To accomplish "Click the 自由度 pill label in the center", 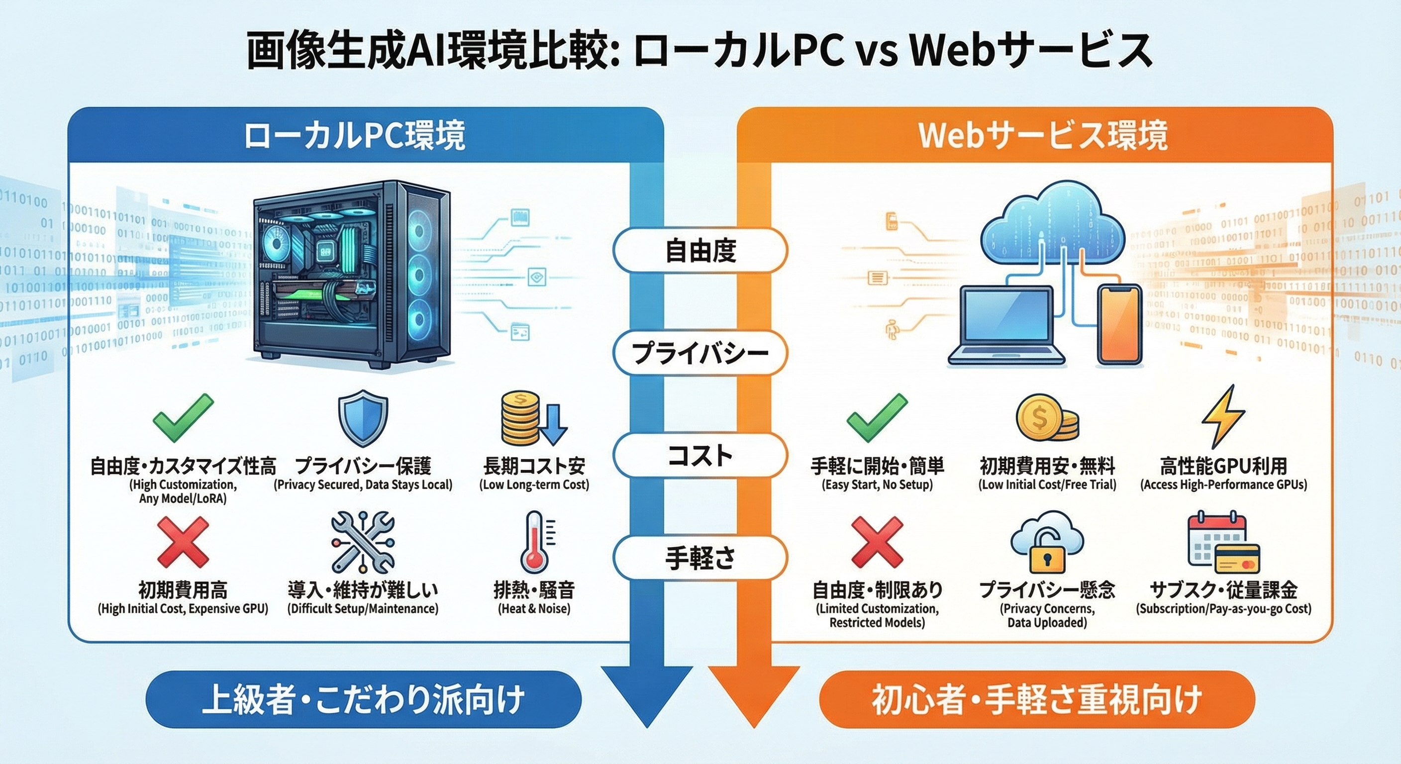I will (700, 251).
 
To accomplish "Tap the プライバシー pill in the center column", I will (700, 353).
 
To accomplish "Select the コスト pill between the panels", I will (700, 455).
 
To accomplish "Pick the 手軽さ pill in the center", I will (700, 558).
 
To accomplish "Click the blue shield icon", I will (363, 420).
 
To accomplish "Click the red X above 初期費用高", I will (183, 542).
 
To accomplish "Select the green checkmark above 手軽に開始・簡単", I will (877, 419).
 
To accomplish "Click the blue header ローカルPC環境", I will (355, 135).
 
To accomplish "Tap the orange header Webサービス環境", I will (1043, 135).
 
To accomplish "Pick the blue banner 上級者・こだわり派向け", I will (363, 699).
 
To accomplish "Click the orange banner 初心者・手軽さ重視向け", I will (1037, 699).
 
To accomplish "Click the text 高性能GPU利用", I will (1223, 466).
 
